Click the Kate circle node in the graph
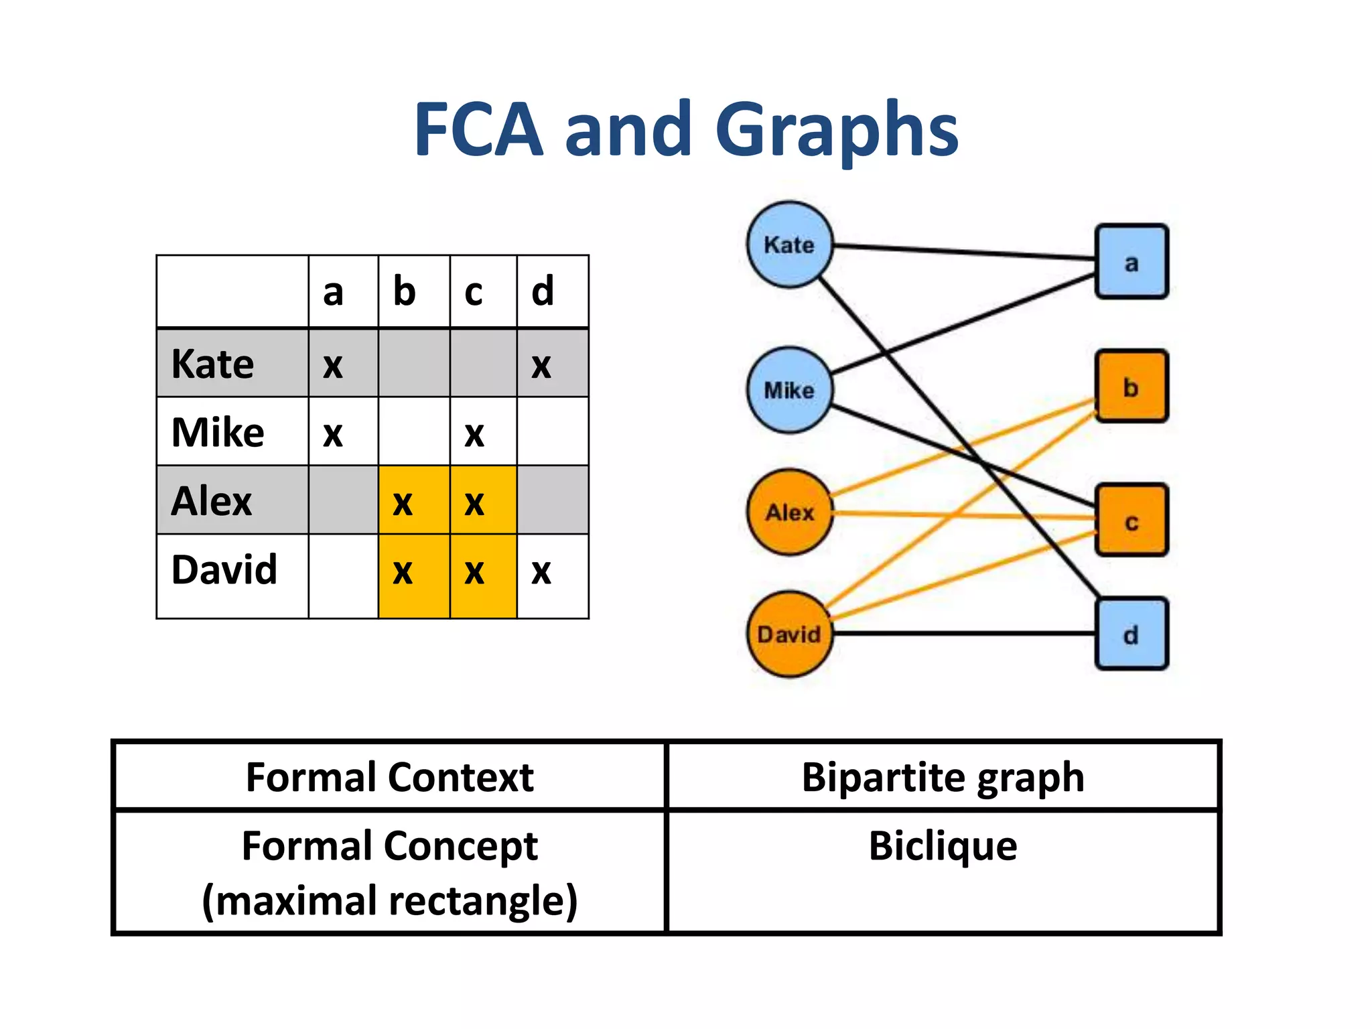coord(790,245)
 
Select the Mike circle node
coord(790,390)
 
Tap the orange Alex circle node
coord(790,512)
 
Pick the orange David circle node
coord(790,634)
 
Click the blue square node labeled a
coord(1131,262)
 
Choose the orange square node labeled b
coord(1131,387)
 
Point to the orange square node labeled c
coord(1131,521)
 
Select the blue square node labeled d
coord(1131,634)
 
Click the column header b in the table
coord(405,292)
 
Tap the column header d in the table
coord(543,292)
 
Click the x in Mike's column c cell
coord(474,435)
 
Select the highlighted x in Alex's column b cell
coord(403,503)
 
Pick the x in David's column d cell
coord(541,572)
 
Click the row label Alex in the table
coord(212,501)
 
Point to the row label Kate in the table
coord(213,364)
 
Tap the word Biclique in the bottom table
coord(943,846)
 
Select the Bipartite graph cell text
coord(943,777)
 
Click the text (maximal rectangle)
coord(390,901)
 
